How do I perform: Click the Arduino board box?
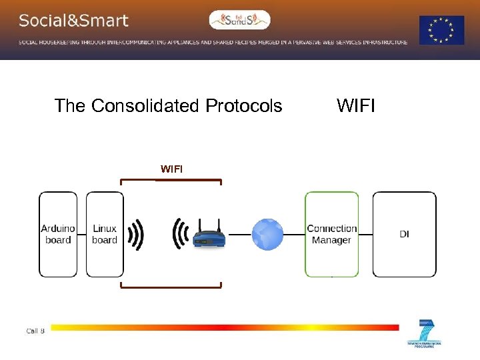tap(58, 234)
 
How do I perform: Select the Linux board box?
tap(105, 234)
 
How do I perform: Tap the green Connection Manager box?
tap(331, 234)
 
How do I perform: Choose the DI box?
tap(404, 234)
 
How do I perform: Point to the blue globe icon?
tap(267, 235)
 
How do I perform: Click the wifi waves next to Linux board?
tap(136, 235)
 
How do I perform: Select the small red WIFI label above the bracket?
tap(171, 169)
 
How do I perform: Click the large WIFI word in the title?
tap(356, 106)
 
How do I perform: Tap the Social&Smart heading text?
tap(73, 21)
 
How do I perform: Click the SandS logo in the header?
tap(239, 20)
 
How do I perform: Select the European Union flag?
tap(441, 30)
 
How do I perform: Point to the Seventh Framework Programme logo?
tap(424, 334)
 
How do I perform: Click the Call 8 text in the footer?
tap(35, 331)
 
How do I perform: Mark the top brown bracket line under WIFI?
tap(171, 180)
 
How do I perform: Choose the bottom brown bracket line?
tap(171, 287)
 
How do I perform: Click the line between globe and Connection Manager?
tap(294, 235)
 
